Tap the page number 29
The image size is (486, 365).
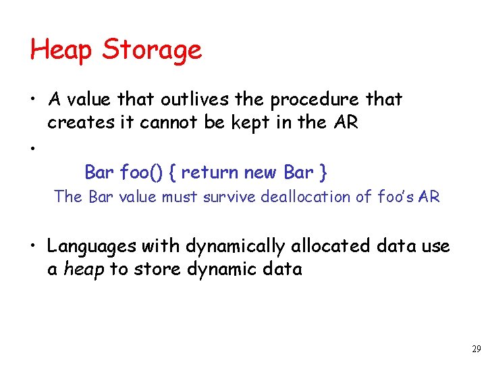476,349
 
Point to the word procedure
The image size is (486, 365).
316,100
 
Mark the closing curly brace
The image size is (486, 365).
324,172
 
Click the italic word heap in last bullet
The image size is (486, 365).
84,270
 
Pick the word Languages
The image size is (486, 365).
90,247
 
